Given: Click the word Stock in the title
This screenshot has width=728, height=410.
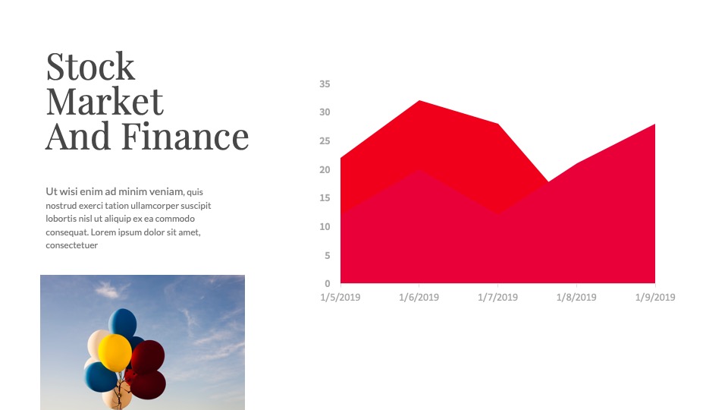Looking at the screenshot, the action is (x=90, y=67).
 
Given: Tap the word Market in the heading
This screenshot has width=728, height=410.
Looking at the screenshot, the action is (x=105, y=101).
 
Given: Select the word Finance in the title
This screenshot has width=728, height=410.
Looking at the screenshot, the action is (x=185, y=136).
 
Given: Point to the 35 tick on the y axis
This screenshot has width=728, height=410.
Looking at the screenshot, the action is (x=325, y=84).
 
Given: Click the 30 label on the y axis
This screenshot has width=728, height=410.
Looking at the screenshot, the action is (x=325, y=112).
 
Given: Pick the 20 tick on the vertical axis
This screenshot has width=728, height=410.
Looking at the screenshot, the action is (x=325, y=169).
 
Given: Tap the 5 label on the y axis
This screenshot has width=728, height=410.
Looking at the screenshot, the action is (x=328, y=255).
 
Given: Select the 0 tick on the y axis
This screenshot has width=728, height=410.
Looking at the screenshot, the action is (x=328, y=283).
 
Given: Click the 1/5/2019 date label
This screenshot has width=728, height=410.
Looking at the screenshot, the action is (x=340, y=297).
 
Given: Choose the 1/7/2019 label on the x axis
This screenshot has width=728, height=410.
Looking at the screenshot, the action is (x=497, y=297).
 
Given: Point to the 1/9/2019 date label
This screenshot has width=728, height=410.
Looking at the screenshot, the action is (x=655, y=297).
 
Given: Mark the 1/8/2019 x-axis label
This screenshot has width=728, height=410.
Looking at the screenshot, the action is (x=576, y=297).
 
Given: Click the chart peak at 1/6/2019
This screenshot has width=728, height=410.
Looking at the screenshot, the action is (x=419, y=100).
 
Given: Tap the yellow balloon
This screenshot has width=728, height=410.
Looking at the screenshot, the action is (x=115, y=352).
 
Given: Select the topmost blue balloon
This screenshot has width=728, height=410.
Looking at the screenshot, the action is (x=123, y=322).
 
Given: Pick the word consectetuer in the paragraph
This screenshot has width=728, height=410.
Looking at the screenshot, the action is (x=71, y=245).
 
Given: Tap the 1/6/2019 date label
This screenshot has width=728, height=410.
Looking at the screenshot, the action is (x=419, y=297).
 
